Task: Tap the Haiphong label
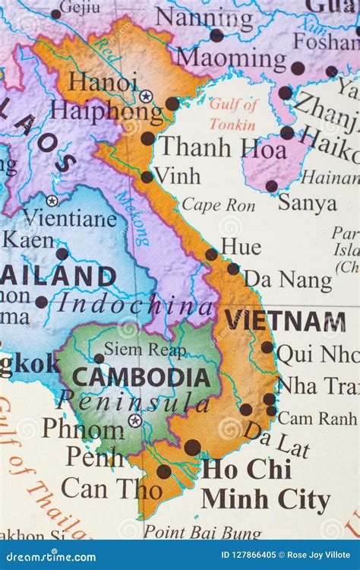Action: tap(106, 111)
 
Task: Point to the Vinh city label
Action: tap(177, 176)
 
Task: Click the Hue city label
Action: tap(241, 246)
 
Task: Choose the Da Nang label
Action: tap(288, 280)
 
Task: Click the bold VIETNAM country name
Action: tap(285, 321)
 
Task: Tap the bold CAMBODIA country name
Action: tap(141, 377)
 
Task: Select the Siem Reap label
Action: tap(144, 349)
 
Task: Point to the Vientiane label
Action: tap(70, 220)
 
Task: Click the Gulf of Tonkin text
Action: tap(234, 114)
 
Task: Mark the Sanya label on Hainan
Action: tap(307, 203)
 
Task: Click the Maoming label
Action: tap(232, 57)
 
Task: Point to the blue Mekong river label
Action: tap(132, 216)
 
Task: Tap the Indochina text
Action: tap(135, 304)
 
